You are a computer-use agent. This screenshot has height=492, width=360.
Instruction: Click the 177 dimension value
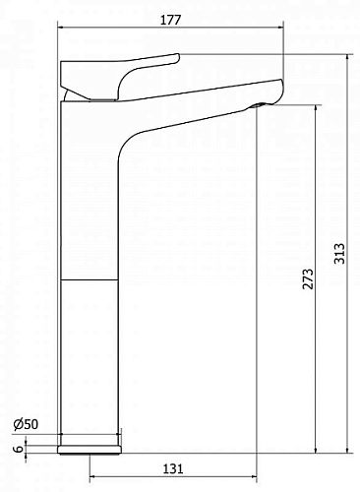(x=170, y=20)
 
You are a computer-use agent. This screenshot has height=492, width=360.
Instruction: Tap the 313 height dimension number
(x=339, y=253)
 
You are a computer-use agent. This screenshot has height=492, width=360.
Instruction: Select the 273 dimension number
(x=308, y=279)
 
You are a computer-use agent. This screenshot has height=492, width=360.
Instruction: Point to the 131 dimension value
(x=173, y=468)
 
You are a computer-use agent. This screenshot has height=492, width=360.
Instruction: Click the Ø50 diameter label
(x=26, y=424)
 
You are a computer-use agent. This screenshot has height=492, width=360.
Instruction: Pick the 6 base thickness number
(x=20, y=449)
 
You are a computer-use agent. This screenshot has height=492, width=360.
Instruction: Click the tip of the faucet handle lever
(x=178, y=57)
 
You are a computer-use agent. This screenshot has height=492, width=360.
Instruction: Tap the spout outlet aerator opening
(x=260, y=104)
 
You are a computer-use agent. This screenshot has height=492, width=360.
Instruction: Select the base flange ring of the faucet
(x=89, y=450)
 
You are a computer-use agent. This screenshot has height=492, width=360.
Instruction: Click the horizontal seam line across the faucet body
(x=90, y=280)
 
